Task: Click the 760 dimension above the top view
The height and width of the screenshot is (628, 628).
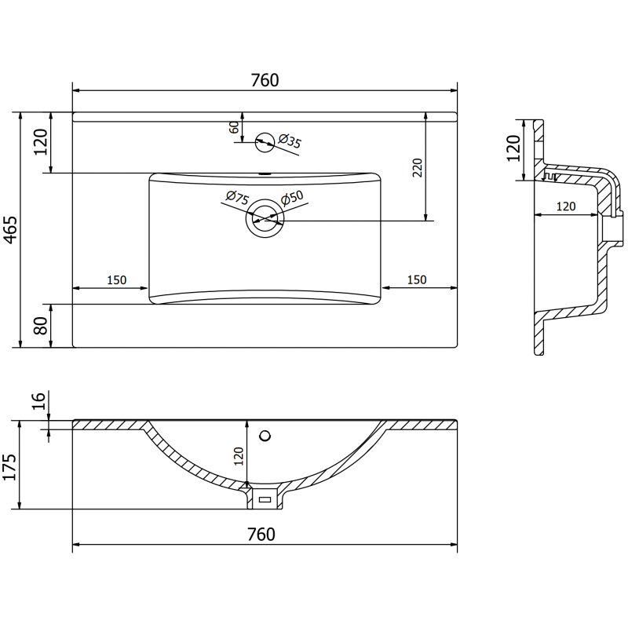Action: click(x=265, y=80)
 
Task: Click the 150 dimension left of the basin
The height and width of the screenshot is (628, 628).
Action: click(x=116, y=280)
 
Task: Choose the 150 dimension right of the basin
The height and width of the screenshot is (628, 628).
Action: click(x=416, y=280)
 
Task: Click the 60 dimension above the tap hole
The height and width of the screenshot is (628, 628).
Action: click(x=234, y=128)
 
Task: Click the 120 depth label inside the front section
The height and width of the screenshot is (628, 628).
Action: click(x=239, y=455)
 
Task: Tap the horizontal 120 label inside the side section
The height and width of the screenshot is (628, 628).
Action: click(x=565, y=206)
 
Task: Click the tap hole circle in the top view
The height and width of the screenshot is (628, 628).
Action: click(x=265, y=141)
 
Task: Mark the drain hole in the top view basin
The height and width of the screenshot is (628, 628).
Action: click(x=265, y=221)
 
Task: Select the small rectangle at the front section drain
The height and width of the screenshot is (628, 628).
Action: click(x=265, y=498)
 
